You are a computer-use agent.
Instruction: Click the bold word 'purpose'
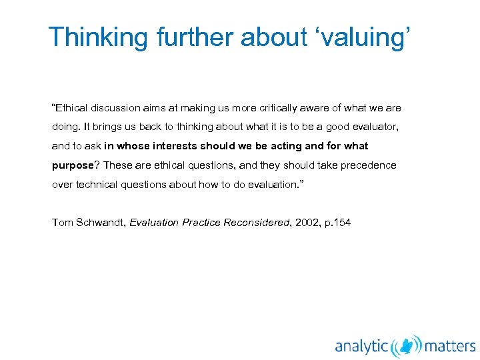click(73, 165)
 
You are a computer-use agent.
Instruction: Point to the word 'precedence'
click(369, 165)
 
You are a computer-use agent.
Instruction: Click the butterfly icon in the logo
click(407, 345)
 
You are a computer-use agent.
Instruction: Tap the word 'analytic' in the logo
click(362, 345)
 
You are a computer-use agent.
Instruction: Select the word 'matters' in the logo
click(450, 345)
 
